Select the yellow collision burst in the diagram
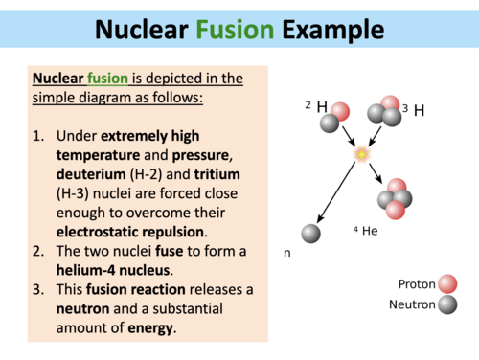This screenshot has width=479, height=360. pyautogui.click(x=362, y=154)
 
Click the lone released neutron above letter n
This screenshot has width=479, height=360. pyautogui.click(x=310, y=234)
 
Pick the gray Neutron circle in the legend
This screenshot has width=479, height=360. pyautogui.click(x=445, y=305)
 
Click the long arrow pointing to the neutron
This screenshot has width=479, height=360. pyautogui.click(x=334, y=191)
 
